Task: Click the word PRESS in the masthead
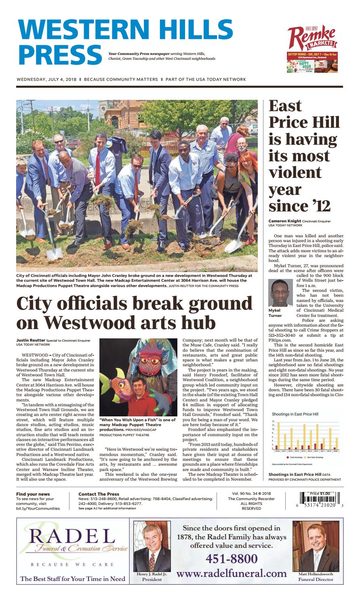61,55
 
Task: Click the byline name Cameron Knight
284,221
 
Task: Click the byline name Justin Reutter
31,341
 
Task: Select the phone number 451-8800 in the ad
232,559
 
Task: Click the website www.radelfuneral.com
232,573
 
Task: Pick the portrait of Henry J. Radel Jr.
152,547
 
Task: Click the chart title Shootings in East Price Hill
295,414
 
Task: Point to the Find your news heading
33,494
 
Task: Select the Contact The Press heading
99,494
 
